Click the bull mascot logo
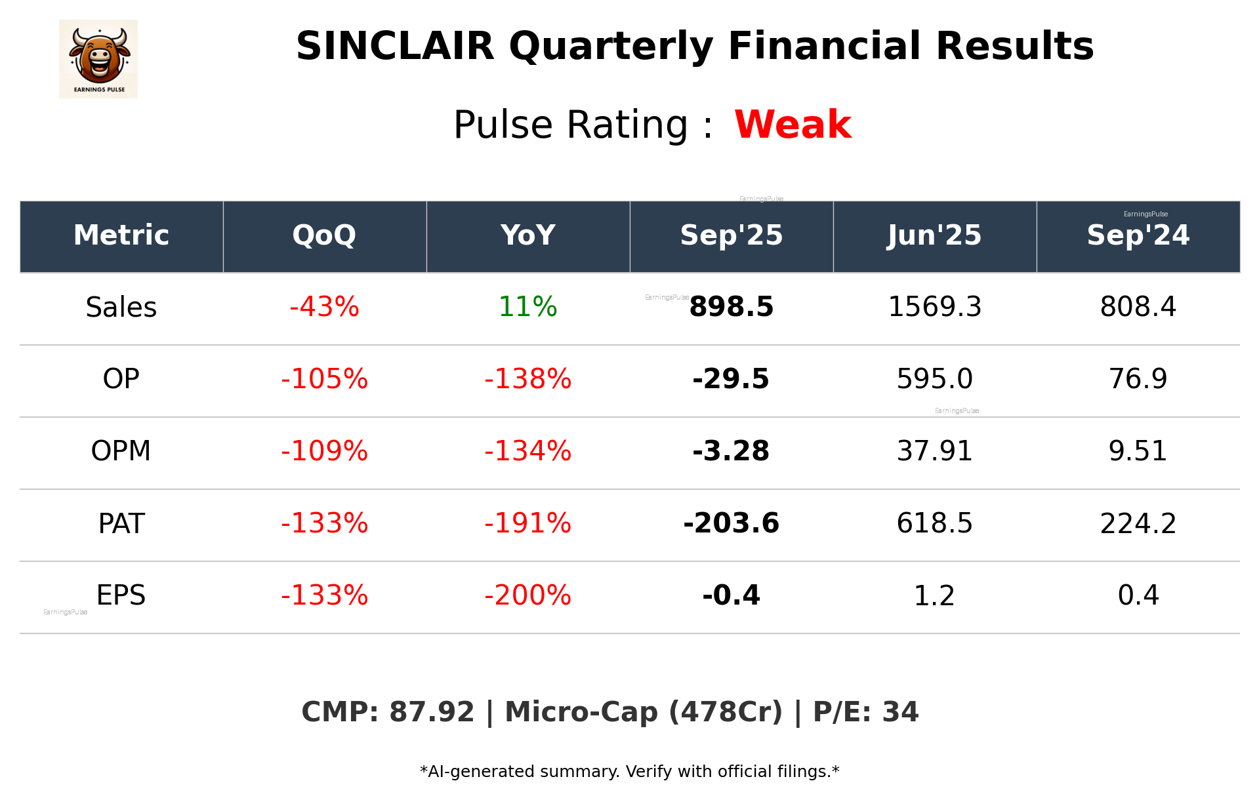pyautogui.click(x=98, y=58)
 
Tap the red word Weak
pyautogui.click(x=793, y=125)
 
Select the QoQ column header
pyautogui.click(x=324, y=235)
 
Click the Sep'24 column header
pyautogui.click(x=1138, y=235)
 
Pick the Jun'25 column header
pyautogui.click(x=934, y=235)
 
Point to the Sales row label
pyautogui.click(x=121, y=308)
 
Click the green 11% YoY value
pyautogui.click(x=527, y=308)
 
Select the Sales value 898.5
pyautogui.click(x=731, y=308)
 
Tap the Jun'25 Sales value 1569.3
pyautogui.click(x=934, y=308)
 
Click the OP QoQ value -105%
pyautogui.click(x=324, y=380)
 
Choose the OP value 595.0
pyautogui.click(x=934, y=380)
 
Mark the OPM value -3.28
pyautogui.click(x=731, y=452)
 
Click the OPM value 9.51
pyautogui.click(x=1138, y=452)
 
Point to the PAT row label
pyautogui.click(x=121, y=524)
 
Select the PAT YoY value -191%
pyautogui.click(x=527, y=524)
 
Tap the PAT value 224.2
pyautogui.click(x=1138, y=524)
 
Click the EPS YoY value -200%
pyautogui.click(x=527, y=596)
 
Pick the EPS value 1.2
pyautogui.click(x=934, y=596)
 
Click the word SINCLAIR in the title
pyautogui.click(x=395, y=47)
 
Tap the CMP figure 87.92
pyautogui.click(x=431, y=713)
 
